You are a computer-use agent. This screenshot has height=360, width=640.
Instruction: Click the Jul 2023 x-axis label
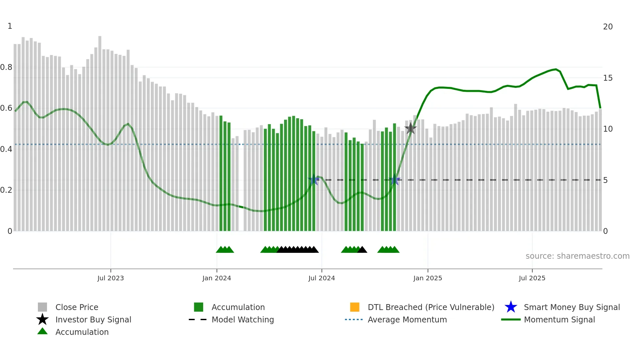(x=110, y=278)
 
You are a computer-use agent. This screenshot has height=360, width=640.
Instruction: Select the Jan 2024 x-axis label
(x=216, y=278)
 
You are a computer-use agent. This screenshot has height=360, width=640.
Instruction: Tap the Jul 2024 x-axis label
(x=322, y=278)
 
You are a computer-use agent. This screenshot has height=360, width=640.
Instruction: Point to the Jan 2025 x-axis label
(x=427, y=278)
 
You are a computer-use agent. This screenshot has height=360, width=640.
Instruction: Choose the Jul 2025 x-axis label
(x=532, y=278)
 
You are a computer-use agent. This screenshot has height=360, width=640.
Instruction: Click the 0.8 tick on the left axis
(x=6, y=67)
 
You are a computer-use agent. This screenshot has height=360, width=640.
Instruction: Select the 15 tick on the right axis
(x=608, y=78)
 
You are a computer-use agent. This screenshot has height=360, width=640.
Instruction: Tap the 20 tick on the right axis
(x=608, y=27)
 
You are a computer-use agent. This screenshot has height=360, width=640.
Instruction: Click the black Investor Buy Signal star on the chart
(x=410, y=128)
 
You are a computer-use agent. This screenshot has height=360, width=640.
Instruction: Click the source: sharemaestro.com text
(x=577, y=256)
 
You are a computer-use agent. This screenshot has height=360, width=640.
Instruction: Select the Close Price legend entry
(x=77, y=307)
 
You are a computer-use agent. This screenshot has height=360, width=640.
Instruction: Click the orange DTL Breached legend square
(x=355, y=307)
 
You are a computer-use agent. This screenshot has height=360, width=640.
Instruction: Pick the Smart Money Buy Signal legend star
(x=511, y=307)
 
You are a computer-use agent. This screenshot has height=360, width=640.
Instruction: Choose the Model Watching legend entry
(x=243, y=319)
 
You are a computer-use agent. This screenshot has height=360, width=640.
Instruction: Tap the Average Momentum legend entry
(x=407, y=319)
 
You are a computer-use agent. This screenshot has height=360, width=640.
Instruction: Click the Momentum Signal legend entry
(x=559, y=319)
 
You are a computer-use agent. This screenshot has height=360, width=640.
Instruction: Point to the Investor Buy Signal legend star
(x=42, y=319)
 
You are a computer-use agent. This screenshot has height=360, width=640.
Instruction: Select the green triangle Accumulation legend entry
(x=82, y=332)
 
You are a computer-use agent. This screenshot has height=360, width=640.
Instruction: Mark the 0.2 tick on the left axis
(x=6, y=190)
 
